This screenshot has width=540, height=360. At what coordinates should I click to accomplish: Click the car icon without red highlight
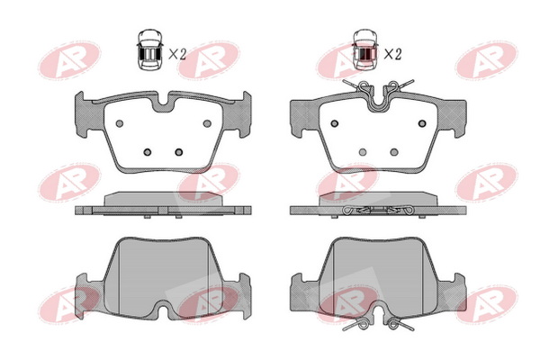point(149,49)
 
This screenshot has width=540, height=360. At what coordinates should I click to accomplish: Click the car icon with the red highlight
point(365,49)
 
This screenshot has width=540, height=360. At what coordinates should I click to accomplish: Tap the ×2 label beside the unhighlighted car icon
point(177,54)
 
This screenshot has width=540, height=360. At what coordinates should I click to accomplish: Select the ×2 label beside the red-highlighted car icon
point(393,54)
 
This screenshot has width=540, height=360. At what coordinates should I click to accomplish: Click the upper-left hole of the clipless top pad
point(120,123)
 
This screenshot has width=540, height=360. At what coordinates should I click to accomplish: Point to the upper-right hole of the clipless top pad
point(207,123)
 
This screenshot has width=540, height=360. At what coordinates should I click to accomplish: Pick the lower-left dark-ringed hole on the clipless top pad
point(148,152)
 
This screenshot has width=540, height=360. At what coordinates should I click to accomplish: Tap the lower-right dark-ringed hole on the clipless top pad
point(179,152)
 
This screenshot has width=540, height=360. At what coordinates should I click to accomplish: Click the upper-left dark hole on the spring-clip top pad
point(335,123)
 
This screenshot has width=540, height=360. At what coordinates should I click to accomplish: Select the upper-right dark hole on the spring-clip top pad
point(422,123)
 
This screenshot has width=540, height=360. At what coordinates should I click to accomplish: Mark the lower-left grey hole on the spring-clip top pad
point(363,152)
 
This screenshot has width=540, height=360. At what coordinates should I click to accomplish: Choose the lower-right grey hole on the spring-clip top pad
point(394,152)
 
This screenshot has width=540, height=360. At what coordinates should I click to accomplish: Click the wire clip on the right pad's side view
point(379,210)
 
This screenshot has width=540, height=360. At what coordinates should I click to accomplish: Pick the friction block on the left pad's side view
point(163,199)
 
